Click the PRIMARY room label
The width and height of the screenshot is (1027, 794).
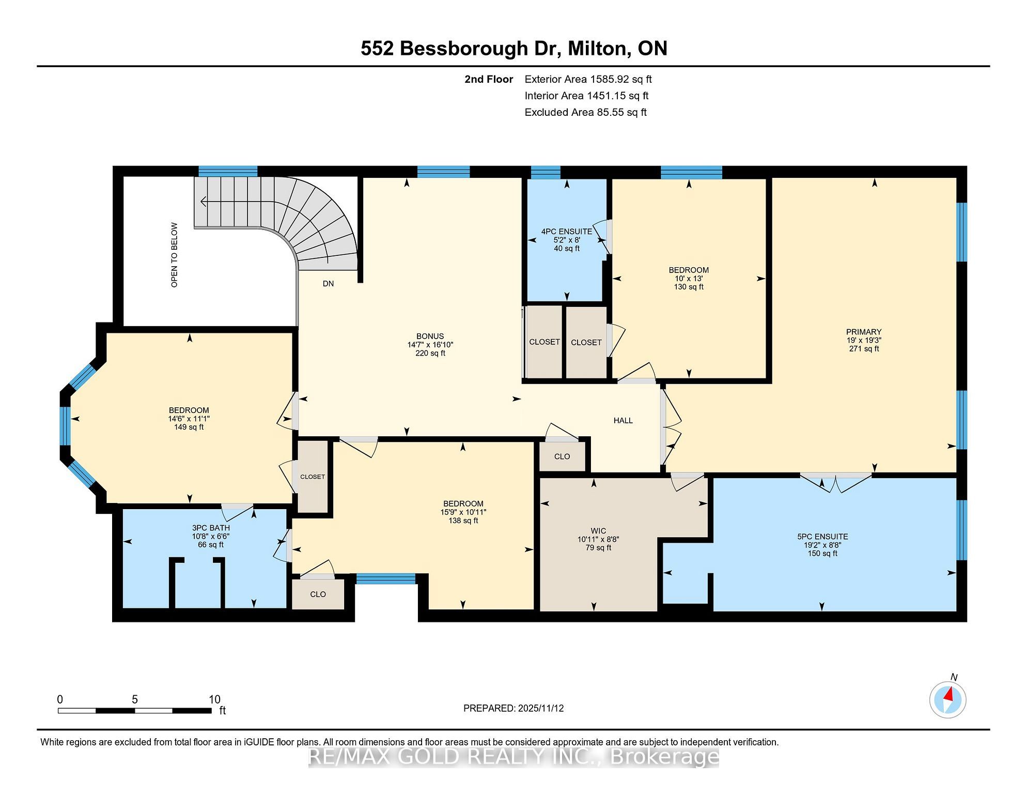[x=864, y=332]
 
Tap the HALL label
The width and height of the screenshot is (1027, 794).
[x=623, y=421]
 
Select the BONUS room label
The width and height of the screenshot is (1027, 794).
[x=430, y=336]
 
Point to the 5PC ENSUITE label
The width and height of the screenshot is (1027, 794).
[x=822, y=537]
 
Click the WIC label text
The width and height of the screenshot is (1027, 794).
[x=598, y=531]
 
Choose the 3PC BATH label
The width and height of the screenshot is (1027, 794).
[x=211, y=528]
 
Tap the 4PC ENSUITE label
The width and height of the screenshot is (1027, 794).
[x=567, y=232]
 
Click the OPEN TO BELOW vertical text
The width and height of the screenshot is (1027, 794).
[x=174, y=255]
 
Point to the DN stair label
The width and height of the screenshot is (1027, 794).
[x=329, y=284]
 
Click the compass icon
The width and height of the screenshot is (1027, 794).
[x=948, y=700]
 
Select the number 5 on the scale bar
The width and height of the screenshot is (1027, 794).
[x=135, y=699]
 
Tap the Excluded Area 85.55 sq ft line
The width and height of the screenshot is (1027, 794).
[x=585, y=112]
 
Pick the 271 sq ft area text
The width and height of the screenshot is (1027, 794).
[x=864, y=349]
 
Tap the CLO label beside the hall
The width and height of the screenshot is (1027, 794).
[x=562, y=456]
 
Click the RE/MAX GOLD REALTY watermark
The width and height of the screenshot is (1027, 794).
[x=513, y=757]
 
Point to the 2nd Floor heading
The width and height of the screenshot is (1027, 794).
[x=489, y=79]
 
